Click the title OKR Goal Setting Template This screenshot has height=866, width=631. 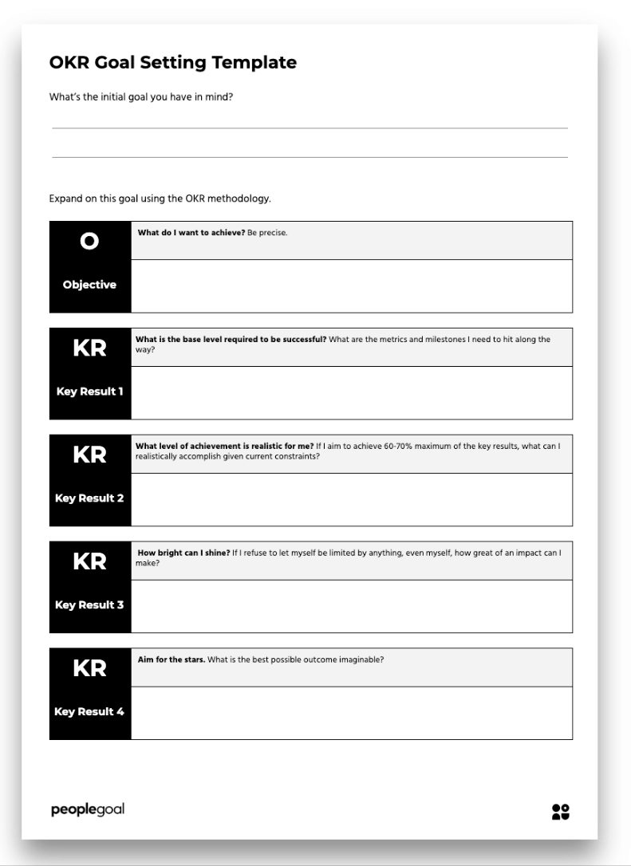173,62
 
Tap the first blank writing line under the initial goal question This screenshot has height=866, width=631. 310,127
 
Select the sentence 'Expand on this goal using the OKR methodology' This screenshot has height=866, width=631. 160,199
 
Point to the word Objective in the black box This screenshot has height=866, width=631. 89,285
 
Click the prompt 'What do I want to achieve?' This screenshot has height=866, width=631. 191,233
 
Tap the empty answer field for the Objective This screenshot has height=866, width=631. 351,285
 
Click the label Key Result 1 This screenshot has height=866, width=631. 89,392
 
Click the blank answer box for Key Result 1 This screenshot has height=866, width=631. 351,392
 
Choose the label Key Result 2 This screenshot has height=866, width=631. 89,498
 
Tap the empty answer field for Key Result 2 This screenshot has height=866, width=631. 351,499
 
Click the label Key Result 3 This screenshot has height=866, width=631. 89,604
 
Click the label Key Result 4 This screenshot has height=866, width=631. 89,711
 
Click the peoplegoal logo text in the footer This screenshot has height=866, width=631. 86,810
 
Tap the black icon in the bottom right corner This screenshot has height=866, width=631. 561,811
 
